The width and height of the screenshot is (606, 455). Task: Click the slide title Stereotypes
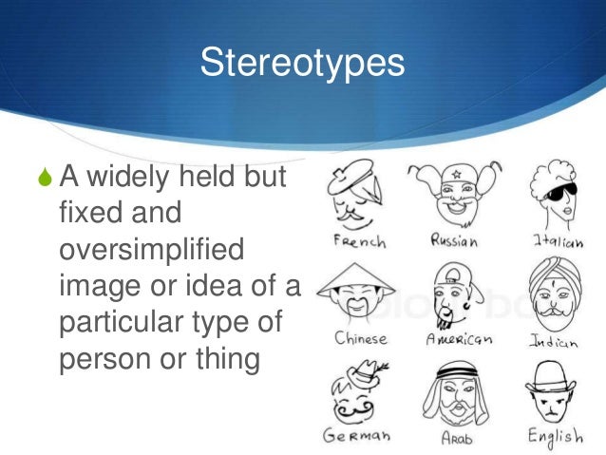(x=302, y=64)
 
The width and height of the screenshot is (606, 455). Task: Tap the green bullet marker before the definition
(x=44, y=177)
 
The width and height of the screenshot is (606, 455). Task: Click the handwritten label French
(x=360, y=241)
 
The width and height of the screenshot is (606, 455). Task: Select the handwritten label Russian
(x=454, y=240)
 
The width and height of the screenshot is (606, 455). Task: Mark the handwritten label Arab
(x=456, y=438)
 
